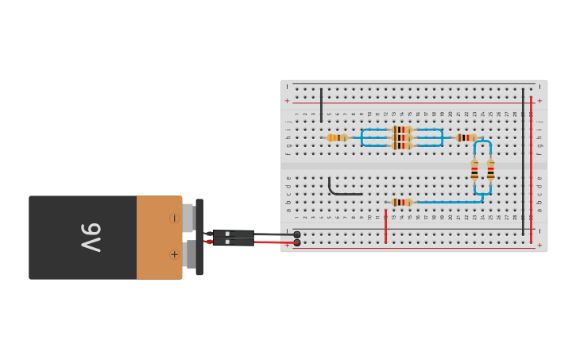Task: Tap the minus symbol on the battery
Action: [174, 218]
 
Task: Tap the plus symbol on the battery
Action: [174, 255]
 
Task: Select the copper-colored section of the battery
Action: [159, 238]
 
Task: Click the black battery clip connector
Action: [199, 237]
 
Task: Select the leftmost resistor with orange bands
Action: [338, 137]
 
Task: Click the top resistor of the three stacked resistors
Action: [402, 130]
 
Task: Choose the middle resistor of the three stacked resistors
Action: [402, 137]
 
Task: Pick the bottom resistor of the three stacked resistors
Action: [402, 146]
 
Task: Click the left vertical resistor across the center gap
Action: [474, 170]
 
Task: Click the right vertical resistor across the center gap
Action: [490, 170]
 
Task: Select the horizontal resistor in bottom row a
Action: [402, 203]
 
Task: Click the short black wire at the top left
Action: [321, 103]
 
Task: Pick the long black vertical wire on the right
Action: [523, 159]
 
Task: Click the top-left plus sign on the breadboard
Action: [287, 101]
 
